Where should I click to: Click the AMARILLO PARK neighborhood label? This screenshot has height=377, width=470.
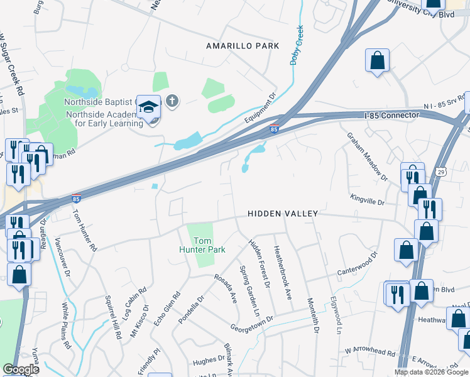pos(242,46)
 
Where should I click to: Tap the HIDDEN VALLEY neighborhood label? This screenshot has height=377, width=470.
pos(282,214)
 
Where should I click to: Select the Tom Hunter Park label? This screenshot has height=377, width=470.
pos(202,245)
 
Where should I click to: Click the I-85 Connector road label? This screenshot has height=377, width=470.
pos(391,116)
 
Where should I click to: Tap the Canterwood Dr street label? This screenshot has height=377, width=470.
pos(357,264)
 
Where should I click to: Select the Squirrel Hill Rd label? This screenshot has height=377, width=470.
pos(112,318)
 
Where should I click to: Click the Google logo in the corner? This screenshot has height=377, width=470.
pos(20,369)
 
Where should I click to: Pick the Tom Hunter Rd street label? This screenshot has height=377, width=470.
pos(84,231)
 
